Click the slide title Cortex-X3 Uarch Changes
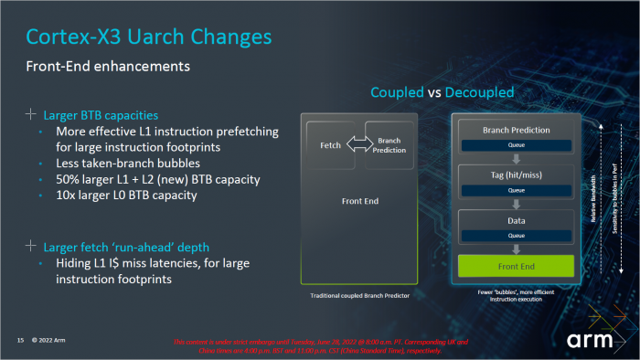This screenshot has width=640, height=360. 148,37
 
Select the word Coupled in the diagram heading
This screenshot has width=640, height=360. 398,92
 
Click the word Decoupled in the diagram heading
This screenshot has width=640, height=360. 477,92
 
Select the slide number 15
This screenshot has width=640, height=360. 19,341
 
